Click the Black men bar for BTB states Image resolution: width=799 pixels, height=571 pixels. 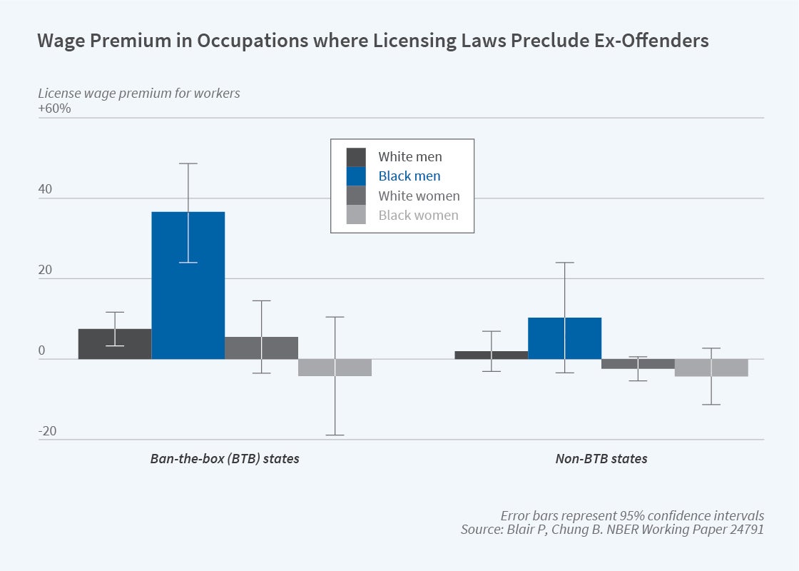(x=188, y=285)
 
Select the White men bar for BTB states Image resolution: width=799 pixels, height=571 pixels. (x=115, y=344)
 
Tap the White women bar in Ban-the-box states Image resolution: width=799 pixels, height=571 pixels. (x=261, y=348)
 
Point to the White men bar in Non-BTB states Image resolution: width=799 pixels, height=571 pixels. (x=492, y=355)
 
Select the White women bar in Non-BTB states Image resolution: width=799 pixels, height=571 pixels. (x=638, y=364)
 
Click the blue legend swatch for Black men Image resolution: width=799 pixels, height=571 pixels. (x=356, y=176)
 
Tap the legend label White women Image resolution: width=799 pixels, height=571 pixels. (x=419, y=196)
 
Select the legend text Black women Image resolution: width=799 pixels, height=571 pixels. (x=418, y=215)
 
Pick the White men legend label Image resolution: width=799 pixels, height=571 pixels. (x=409, y=156)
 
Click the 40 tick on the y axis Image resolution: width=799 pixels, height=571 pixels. (x=45, y=190)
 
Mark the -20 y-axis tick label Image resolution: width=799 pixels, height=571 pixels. (x=47, y=431)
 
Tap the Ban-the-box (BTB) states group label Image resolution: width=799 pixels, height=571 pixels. (x=225, y=459)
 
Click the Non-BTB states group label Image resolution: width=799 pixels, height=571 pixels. (x=601, y=459)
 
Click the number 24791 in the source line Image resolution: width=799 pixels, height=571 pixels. (x=746, y=530)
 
